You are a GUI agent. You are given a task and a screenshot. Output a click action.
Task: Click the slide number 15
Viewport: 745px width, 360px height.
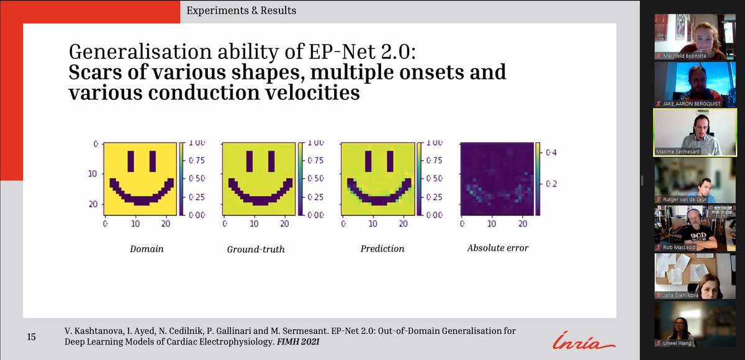pos(31,337)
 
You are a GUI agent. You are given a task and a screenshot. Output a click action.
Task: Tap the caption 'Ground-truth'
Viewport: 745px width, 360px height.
pos(256,250)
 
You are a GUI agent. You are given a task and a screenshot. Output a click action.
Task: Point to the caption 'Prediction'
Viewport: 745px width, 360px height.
pos(382,249)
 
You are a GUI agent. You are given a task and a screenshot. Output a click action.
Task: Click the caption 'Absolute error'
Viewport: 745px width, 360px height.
pos(498,248)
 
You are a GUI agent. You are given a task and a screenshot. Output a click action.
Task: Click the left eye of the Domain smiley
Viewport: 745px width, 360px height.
pos(131,161)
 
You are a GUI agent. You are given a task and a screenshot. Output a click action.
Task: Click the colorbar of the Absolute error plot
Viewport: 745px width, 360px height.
pos(538,179)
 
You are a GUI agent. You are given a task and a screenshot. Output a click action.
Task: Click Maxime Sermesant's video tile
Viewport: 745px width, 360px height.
pos(696,132)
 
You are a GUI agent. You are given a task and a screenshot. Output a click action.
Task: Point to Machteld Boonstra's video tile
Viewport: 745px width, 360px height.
pos(696,37)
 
